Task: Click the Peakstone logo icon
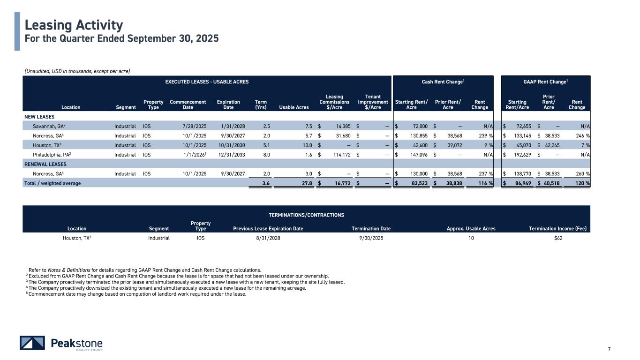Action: [32, 343]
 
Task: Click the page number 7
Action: [609, 348]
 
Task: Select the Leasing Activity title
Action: [74, 24]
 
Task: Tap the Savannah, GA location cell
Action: [47, 126]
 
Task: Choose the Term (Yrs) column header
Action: [261, 104]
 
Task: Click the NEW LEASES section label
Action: [39, 116]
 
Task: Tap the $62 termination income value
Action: [558, 238]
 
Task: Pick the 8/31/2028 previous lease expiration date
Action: [268, 238]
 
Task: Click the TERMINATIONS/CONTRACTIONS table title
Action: [306, 215]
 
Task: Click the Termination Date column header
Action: [371, 229]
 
